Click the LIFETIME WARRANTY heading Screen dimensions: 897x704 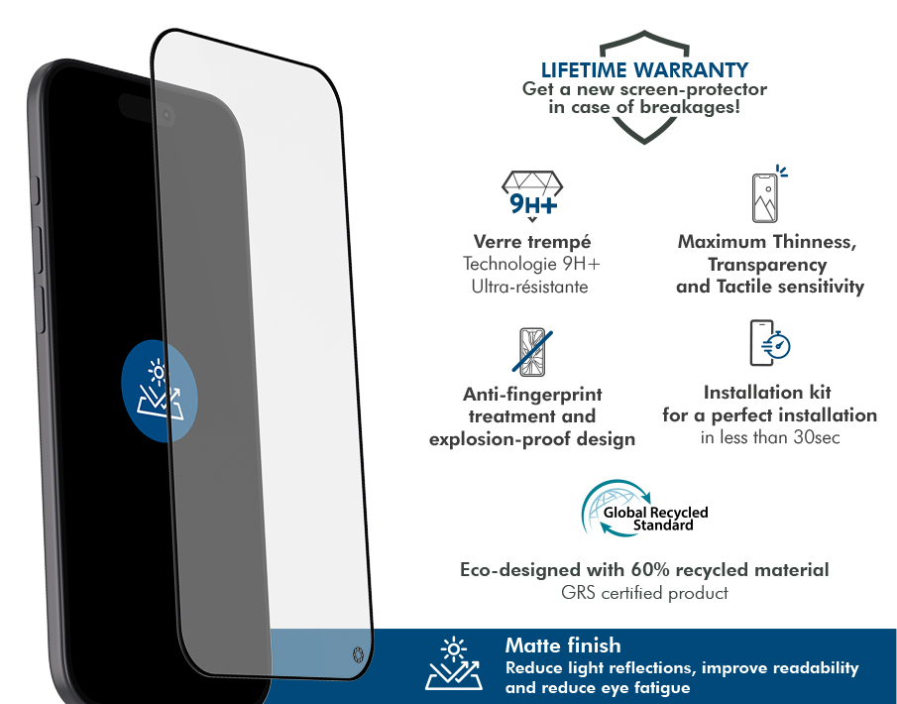(644, 69)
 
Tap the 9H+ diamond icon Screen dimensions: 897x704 (532, 195)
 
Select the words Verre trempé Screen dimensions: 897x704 (532, 242)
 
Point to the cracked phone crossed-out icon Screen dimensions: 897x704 (532, 351)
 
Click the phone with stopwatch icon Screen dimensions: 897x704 (770, 343)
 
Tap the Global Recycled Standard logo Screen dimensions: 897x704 (644, 510)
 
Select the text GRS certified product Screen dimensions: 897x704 (644, 593)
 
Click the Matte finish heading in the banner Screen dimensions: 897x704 (563, 645)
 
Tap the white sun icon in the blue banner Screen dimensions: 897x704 (454, 649)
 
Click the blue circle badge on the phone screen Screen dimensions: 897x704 (160, 391)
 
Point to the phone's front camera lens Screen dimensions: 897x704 (167, 116)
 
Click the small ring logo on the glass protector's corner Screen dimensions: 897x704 (358, 654)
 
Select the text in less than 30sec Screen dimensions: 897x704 (770, 438)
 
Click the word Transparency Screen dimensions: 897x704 (767, 265)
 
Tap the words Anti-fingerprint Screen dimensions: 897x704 (532, 395)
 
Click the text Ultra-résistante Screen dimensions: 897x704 (529, 287)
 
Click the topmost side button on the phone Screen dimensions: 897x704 (36, 190)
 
